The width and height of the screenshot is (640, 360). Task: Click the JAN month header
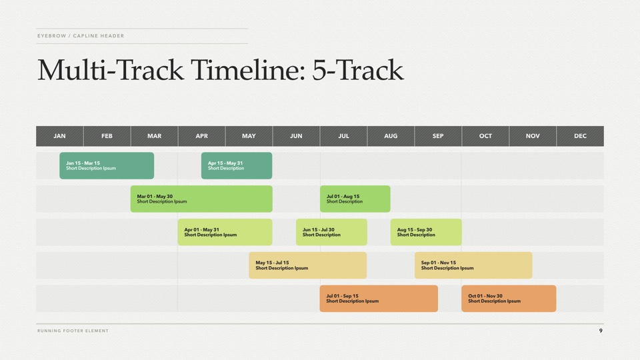click(x=59, y=136)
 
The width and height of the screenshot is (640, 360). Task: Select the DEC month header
click(x=580, y=136)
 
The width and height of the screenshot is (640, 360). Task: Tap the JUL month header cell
click(x=344, y=136)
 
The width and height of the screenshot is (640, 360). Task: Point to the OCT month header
click(x=485, y=136)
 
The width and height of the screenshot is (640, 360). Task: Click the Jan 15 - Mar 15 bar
click(x=107, y=166)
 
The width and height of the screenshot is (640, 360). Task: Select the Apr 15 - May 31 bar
click(x=237, y=166)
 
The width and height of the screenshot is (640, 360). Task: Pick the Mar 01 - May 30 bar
click(x=201, y=199)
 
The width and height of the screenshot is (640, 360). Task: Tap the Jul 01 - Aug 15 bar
click(x=355, y=199)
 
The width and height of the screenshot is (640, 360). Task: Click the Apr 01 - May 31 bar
click(x=225, y=232)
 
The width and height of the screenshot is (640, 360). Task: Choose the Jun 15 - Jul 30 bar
click(x=331, y=232)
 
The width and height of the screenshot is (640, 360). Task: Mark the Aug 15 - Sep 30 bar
click(x=426, y=232)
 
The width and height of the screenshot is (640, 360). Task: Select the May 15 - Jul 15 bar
click(x=308, y=265)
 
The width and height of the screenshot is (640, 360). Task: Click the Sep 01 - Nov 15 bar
click(x=473, y=265)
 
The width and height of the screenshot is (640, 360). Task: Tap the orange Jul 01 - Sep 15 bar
click(x=379, y=299)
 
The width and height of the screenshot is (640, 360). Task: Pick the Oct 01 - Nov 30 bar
click(x=509, y=299)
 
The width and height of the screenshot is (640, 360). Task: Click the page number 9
click(x=601, y=331)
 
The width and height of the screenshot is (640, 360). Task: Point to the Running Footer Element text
click(x=73, y=331)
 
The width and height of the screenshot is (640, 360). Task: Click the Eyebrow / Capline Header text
click(x=81, y=36)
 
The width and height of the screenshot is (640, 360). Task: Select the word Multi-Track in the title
click(x=111, y=70)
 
